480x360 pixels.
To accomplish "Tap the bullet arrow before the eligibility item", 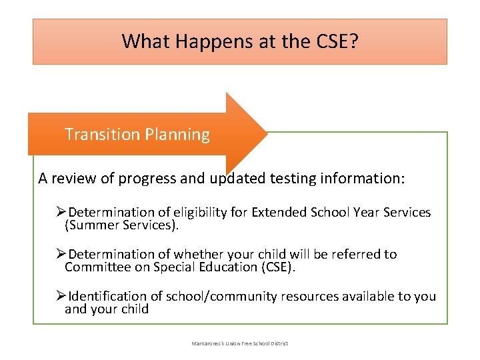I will click(61, 212).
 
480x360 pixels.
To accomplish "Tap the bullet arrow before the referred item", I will click(61, 254).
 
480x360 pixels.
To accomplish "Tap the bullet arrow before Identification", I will click(61, 296).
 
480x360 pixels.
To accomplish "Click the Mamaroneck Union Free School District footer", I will click(240, 343).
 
